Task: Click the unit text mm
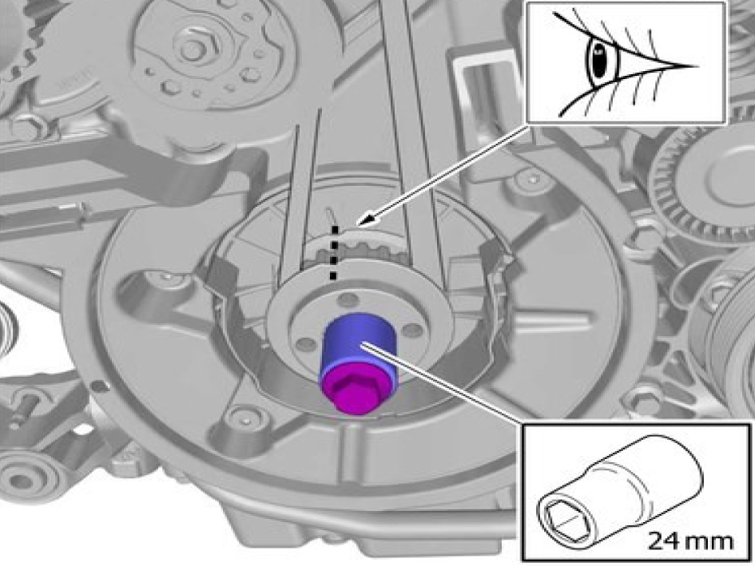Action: coord(709,542)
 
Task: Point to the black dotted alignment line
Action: coord(334,252)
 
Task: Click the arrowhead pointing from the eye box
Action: coord(366,220)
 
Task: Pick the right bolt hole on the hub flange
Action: coord(411,330)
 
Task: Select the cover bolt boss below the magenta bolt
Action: coord(244,418)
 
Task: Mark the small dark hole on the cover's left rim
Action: coord(97,385)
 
